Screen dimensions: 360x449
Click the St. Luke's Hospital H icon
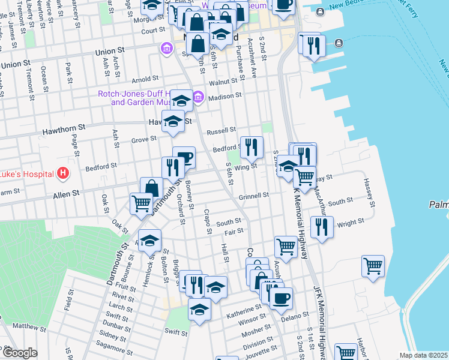pyautogui.click(x=63, y=175)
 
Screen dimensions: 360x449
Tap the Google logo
pyautogui.click(x=20, y=353)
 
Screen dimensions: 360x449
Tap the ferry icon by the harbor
pyautogui.click(x=339, y=43)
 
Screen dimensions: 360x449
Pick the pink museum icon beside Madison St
pyautogui.click(x=198, y=96)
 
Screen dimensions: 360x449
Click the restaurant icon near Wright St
pyautogui.click(x=322, y=227)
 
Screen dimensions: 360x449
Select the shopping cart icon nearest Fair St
pyautogui.click(x=286, y=246)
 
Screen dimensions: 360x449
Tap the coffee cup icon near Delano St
pyautogui.click(x=281, y=298)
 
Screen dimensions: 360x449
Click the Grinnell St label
pyautogui.click(x=254, y=196)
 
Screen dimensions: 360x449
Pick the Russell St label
pyautogui.click(x=221, y=131)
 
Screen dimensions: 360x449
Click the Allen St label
pyautogui.click(x=68, y=194)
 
